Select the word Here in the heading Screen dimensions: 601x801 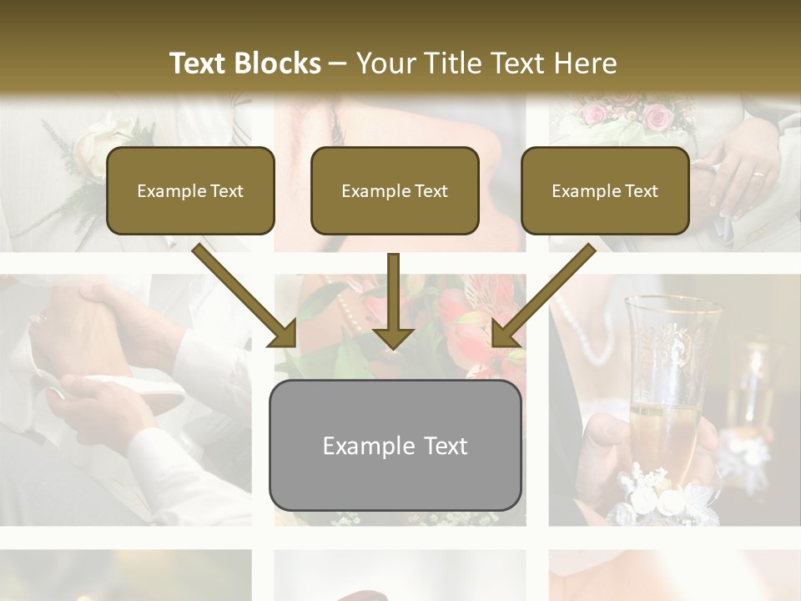click(x=585, y=63)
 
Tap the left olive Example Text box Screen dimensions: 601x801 click(x=190, y=190)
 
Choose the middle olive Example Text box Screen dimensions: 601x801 click(x=395, y=190)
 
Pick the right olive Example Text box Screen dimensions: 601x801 click(x=605, y=190)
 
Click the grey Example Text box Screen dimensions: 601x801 click(x=395, y=445)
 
